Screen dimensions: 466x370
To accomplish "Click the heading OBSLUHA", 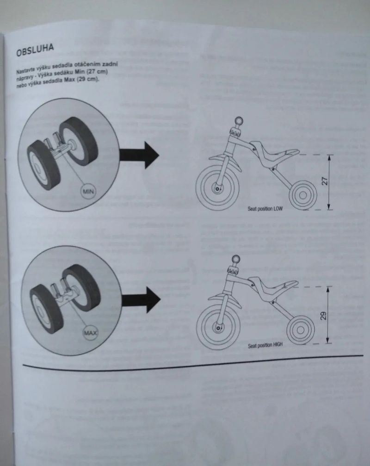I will click(x=35, y=50).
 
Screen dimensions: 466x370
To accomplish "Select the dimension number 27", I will click(x=325, y=180).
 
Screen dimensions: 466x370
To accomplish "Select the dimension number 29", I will click(x=324, y=315).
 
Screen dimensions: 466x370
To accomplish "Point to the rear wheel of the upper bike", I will click(x=303, y=195).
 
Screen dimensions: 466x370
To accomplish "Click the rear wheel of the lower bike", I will click(x=300, y=330).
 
